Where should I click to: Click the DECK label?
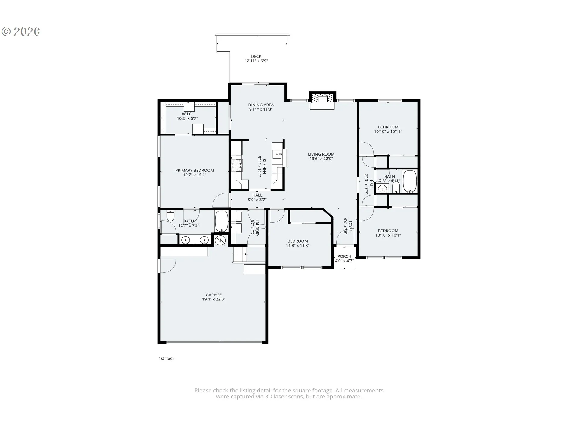tap(256, 56)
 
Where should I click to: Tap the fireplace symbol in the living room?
tap(322, 98)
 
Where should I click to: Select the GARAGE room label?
tap(214, 295)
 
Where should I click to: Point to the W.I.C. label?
tap(187, 114)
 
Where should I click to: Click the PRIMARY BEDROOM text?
tap(195, 170)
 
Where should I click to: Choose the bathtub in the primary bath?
tap(222, 221)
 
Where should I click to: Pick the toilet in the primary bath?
tap(170, 215)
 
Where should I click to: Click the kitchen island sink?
tap(277, 154)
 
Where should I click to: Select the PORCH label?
tap(344, 256)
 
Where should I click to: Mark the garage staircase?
tap(240, 254)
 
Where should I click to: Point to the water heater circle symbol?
tap(221, 240)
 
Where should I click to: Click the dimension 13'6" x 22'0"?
tap(321, 159)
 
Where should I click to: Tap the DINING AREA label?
tap(261, 105)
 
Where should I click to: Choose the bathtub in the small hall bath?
tap(410, 181)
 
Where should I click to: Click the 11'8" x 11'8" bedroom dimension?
tap(298, 245)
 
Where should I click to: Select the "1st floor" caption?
tap(166, 358)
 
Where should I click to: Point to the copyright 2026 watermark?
tap(21, 32)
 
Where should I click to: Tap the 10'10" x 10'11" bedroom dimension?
tap(388, 131)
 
